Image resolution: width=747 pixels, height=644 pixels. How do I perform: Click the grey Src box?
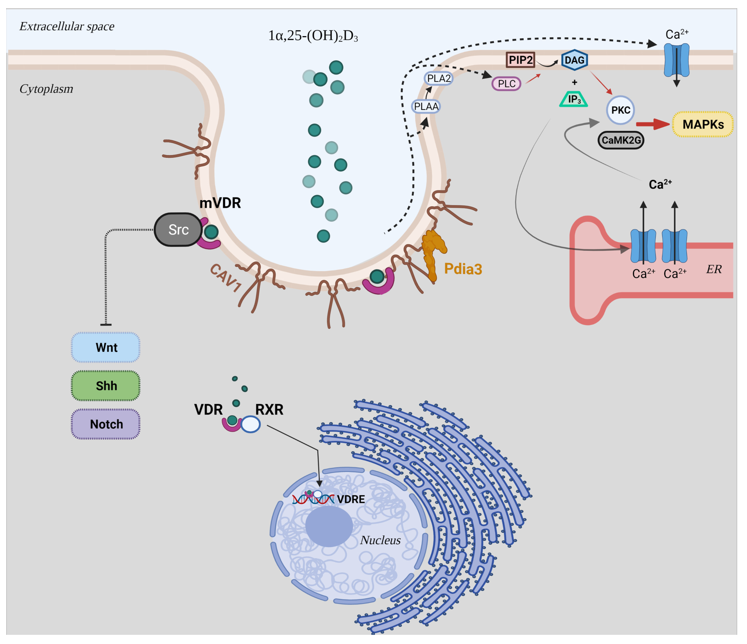(x=178, y=229)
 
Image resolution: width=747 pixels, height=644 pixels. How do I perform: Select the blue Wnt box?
(x=106, y=347)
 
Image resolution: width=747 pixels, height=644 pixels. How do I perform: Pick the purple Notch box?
(x=106, y=424)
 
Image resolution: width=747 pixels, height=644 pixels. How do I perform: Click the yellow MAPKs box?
(x=703, y=124)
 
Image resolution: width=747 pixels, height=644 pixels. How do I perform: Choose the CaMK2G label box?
(x=621, y=140)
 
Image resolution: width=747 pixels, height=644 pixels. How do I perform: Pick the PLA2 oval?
(x=439, y=78)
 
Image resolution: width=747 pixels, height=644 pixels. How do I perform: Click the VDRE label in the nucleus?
(x=351, y=499)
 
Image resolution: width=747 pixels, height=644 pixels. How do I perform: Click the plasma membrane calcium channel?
(x=676, y=60)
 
